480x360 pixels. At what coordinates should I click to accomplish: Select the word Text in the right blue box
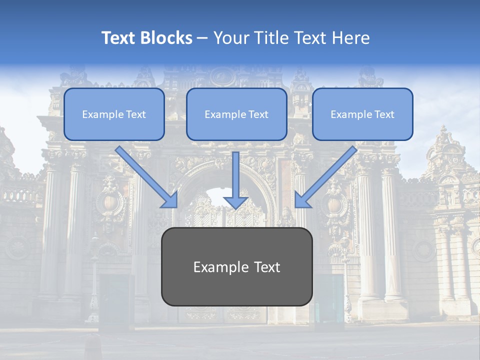pos(383,114)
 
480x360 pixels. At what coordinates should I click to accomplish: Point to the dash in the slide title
pos(202,38)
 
